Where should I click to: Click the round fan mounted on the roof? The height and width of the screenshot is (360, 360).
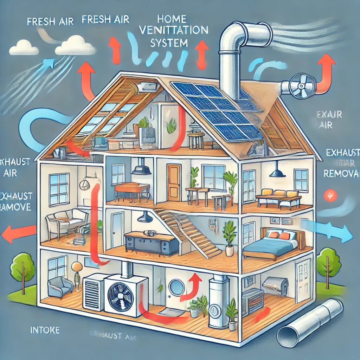298,84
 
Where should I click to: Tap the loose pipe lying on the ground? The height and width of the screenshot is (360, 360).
309,321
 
